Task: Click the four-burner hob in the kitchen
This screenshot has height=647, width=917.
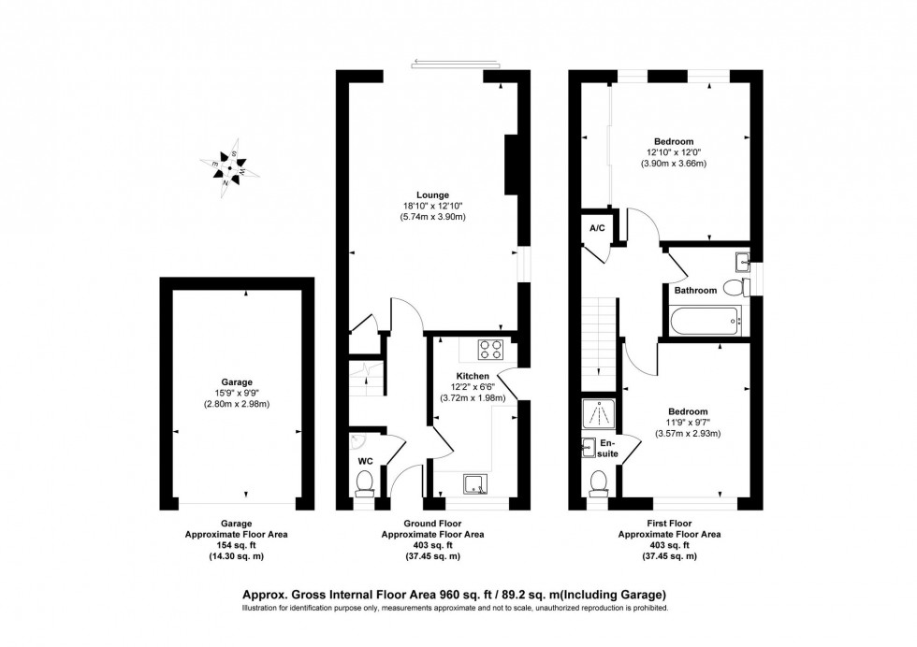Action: [x=491, y=350]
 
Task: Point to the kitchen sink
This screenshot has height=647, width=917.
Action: [x=476, y=483]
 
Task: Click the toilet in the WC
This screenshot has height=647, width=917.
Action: [x=365, y=482]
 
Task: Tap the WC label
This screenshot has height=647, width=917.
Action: [x=365, y=461]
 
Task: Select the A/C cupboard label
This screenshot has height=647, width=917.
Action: [x=596, y=227]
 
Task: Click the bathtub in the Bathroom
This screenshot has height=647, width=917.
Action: [x=706, y=323]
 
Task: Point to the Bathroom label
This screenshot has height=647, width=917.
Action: [x=695, y=291]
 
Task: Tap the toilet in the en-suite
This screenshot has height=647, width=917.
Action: [x=599, y=482]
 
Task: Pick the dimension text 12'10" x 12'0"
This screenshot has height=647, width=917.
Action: [x=673, y=152]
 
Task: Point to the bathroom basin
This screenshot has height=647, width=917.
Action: [x=743, y=259]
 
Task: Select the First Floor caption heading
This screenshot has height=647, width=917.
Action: [x=665, y=524]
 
